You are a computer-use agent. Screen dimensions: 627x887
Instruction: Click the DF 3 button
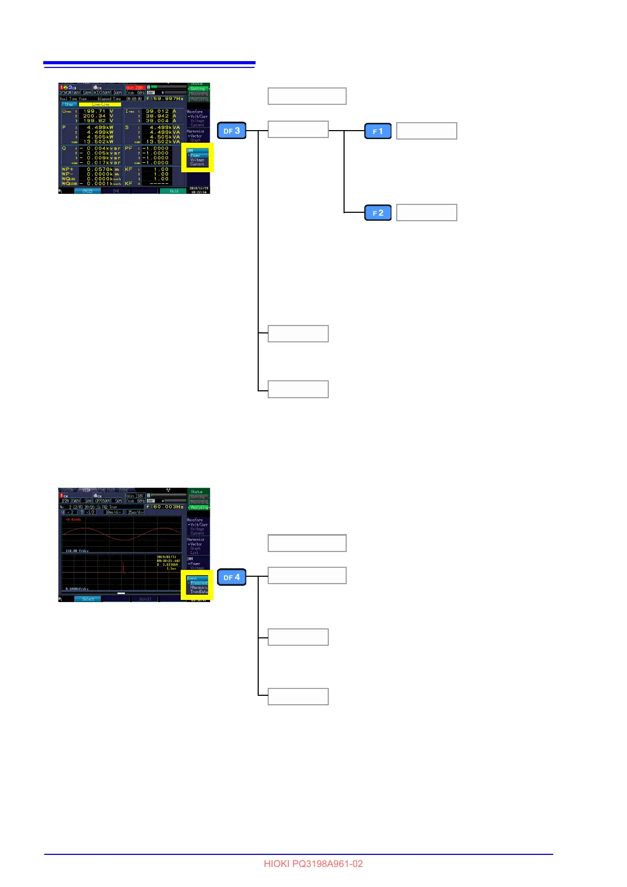(x=232, y=131)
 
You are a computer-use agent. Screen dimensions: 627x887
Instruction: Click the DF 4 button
(x=232, y=577)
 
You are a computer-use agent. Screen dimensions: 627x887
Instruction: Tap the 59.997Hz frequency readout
(x=165, y=98)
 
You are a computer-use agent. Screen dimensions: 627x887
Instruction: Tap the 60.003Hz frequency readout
(x=165, y=507)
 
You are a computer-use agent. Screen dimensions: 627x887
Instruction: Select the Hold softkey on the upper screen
(x=174, y=191)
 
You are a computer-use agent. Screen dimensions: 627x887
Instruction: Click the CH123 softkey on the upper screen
(x=87, y=191)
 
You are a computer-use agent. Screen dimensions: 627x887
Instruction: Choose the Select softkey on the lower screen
(x=88, y=599)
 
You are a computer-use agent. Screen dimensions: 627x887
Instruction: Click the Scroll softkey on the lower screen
(x=145, y=599)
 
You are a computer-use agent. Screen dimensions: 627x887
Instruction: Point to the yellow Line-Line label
(x=100, y=104)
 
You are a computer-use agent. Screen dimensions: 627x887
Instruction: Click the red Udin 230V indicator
(x=135, y=87)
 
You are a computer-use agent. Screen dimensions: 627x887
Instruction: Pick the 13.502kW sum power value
(x=100, y=142)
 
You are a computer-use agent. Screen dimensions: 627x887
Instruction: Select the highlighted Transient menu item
(x=199, y=583)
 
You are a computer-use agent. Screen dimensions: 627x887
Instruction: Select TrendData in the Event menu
(x=199, y=592)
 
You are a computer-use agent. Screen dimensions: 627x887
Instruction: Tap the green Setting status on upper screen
(x=198, y=89)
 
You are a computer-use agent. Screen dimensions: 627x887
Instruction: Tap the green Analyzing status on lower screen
(x=199, y=507)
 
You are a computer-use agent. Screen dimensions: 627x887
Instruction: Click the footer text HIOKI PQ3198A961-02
(x=313, y=864)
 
